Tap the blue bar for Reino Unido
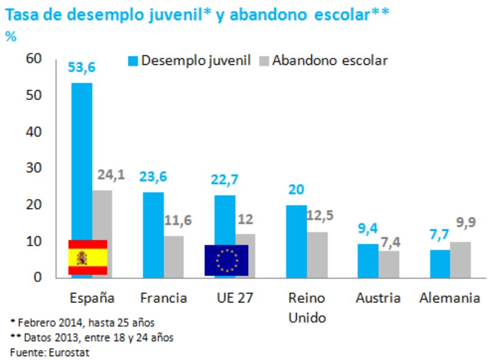click(296, 241)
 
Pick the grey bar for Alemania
click(461, 260)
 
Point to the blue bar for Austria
click(368, 260)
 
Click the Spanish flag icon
click(88, 258)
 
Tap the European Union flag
click(226, 260)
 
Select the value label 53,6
click(82, 67)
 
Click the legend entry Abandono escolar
click(330, 60)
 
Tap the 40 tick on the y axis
click(34, 132)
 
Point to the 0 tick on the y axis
click(37, 277)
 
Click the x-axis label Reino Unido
click(307, 307)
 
